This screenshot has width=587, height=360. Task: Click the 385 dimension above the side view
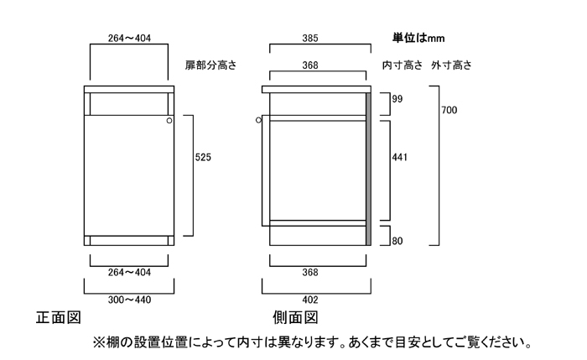[x=316, y=38]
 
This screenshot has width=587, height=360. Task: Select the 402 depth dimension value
[x=316, y=300]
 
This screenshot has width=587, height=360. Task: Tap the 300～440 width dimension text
[x=131, y=300]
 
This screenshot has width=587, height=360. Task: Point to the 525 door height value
[x=203, y=157]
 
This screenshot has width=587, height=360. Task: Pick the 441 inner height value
[x=399, y=157]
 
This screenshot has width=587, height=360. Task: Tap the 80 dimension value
[x=397, y=242]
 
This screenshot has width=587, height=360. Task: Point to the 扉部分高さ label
[x=210, y=65]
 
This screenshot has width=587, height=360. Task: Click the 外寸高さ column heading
[x=452, y=65]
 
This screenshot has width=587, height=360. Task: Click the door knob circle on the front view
[x=169, y=122]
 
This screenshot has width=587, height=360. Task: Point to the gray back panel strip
[x=368, y=168]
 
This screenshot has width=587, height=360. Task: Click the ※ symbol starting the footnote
[x=98, y=342]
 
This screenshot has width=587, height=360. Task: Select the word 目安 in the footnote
[x=399, y=342]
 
